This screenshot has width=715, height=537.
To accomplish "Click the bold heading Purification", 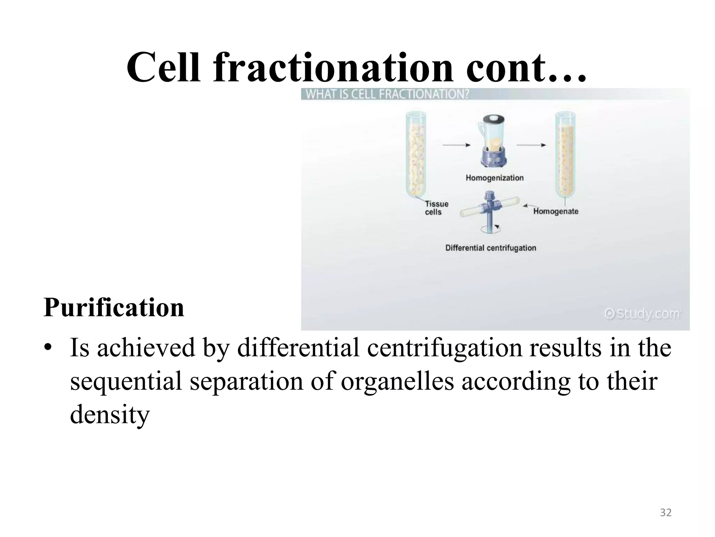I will click(x=114, y=307).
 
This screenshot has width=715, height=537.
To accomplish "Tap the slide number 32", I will click(x=666, y=513).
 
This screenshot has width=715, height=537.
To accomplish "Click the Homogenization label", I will click(x=494, y=178).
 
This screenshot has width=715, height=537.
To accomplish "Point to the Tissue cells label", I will click(x=436, y=208).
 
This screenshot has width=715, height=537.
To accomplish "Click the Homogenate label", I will click(x=555, y=212).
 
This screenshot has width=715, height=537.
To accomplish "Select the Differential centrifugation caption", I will click(x=491, y=248).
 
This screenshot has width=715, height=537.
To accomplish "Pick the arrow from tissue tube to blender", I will click(x=456, y=145).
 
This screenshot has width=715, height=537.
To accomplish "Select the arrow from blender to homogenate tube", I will click(x=531, y=145).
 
